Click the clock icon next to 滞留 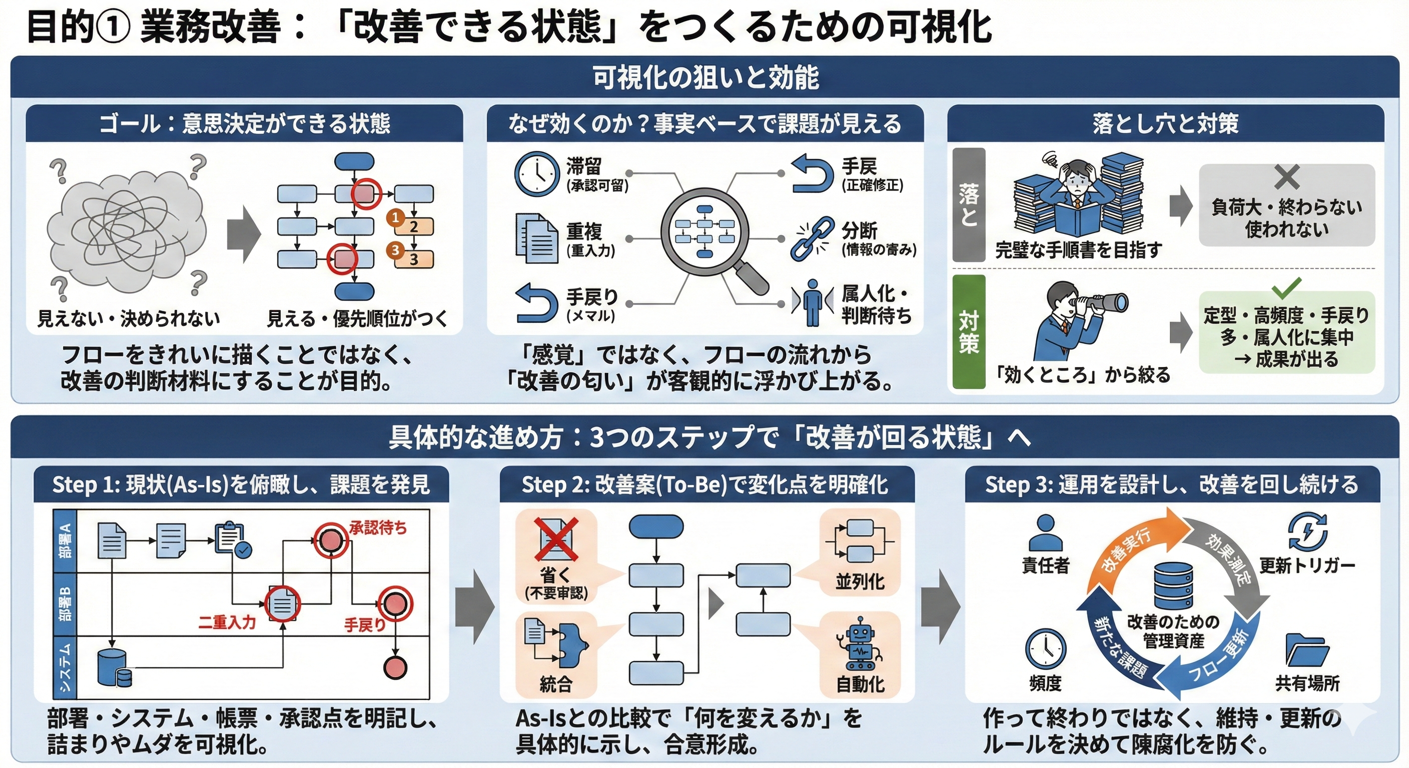point(536,174)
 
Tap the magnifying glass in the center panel point(705,232)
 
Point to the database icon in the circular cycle point(1173,585)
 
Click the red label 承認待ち point(378,527)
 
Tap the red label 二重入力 point(227,621)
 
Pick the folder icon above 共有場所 point(1307,650)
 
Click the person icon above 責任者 point(1045,532)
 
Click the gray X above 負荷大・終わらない point(1286,177)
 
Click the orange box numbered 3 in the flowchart point(414,258)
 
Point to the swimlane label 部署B point(65,604)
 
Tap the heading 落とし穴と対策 point(1165,123)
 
